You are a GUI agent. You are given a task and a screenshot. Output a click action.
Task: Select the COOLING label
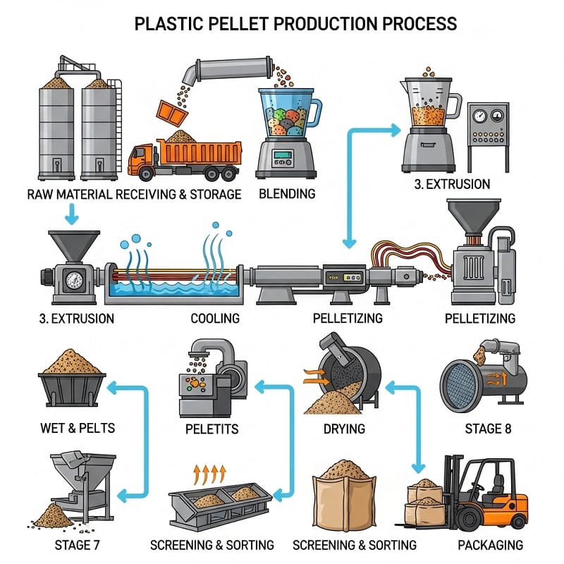215,318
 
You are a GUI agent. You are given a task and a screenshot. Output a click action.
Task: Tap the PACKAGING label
490,545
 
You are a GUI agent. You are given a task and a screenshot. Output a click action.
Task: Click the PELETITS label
211,428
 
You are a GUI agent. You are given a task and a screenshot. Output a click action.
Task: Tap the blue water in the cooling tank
169,291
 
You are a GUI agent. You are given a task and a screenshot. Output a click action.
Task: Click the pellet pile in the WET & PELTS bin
73,362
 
